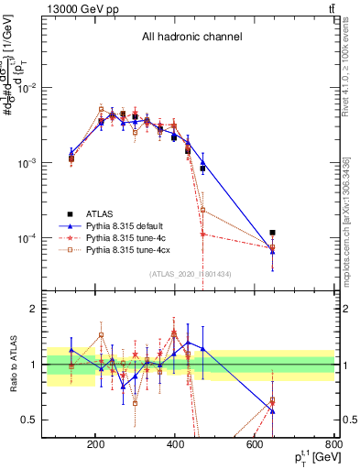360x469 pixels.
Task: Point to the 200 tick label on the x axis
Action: pyautogui.click(x=95, y=446)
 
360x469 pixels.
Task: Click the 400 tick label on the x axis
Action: pyautogui.click(x=175, y=446)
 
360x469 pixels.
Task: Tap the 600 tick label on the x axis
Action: pyautogui.click(x=256, y=446)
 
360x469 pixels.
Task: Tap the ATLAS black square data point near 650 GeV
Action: pyautogui.click(x=273, y=234)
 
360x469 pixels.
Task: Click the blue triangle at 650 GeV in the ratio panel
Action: pyautogui.click(x=273, y=410)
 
